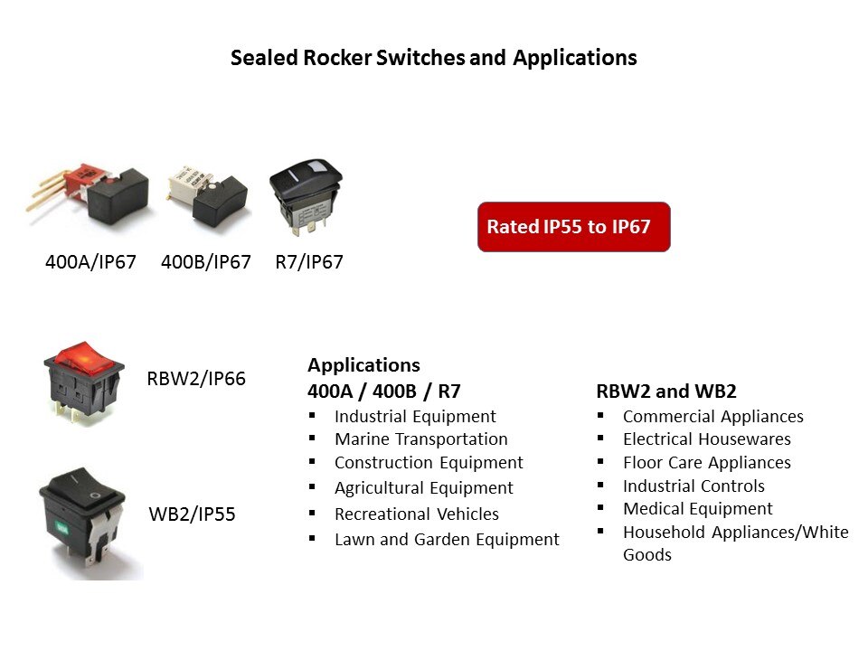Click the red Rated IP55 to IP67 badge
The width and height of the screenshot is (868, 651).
573,227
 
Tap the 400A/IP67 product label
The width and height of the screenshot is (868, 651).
90,262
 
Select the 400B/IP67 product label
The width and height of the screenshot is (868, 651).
206,262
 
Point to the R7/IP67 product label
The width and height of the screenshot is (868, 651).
309,262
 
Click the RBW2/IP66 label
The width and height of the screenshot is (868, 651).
196,379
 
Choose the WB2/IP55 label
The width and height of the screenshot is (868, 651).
192,514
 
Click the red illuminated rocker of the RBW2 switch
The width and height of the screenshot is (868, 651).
84,356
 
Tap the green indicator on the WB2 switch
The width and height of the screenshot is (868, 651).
61,529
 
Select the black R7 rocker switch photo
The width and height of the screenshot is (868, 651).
306,195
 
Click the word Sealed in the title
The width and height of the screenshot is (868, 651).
264,58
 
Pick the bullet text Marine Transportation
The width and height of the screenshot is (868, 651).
421,439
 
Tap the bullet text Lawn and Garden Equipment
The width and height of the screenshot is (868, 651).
448,540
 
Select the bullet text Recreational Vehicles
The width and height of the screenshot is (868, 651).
417,514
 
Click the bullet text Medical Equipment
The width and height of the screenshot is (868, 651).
698,509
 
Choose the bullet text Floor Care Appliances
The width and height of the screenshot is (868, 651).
707,463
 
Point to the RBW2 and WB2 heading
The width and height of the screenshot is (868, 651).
666,392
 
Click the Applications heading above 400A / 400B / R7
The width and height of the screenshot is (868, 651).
363,365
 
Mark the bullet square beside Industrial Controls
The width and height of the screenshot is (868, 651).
600,485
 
